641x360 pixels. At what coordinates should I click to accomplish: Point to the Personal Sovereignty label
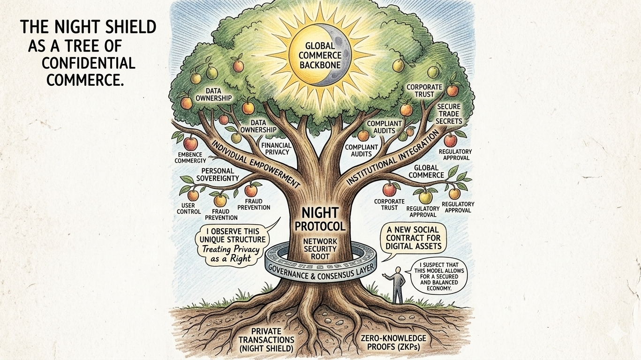pyautogui.click(x=220, y=174)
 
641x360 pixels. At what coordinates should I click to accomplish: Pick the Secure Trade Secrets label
pyautogui.click(x=449, y=113)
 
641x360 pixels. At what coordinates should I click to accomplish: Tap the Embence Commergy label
pyautogui.click(x=190, y=158)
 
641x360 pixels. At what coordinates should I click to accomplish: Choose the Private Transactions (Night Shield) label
pyautogui.click(x=266, y=339)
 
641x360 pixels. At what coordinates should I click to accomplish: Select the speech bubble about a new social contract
pyautogui.click(x=413, y=239)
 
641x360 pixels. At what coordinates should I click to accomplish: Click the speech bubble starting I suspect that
pyautogui.click(x=435, y=276)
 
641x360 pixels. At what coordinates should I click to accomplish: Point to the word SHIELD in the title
pyautogui.click(x=133, y=27)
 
